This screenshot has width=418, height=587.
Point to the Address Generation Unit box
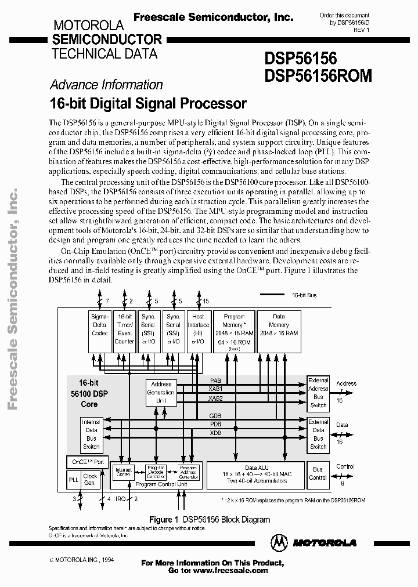point(161,392)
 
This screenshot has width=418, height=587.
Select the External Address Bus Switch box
point(318,393)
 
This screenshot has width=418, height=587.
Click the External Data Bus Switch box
point(318,434)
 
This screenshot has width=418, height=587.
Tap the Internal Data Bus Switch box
point(91,434)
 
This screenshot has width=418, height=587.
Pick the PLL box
point(73,480)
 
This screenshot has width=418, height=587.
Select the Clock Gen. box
point(91,480)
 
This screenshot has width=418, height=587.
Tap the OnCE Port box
point(87,462)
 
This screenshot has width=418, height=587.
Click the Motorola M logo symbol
point(280,542)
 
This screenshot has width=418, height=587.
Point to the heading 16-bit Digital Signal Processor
point(148,104)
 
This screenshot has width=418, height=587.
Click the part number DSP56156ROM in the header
point(318,76)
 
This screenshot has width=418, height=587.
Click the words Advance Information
point(106,85)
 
